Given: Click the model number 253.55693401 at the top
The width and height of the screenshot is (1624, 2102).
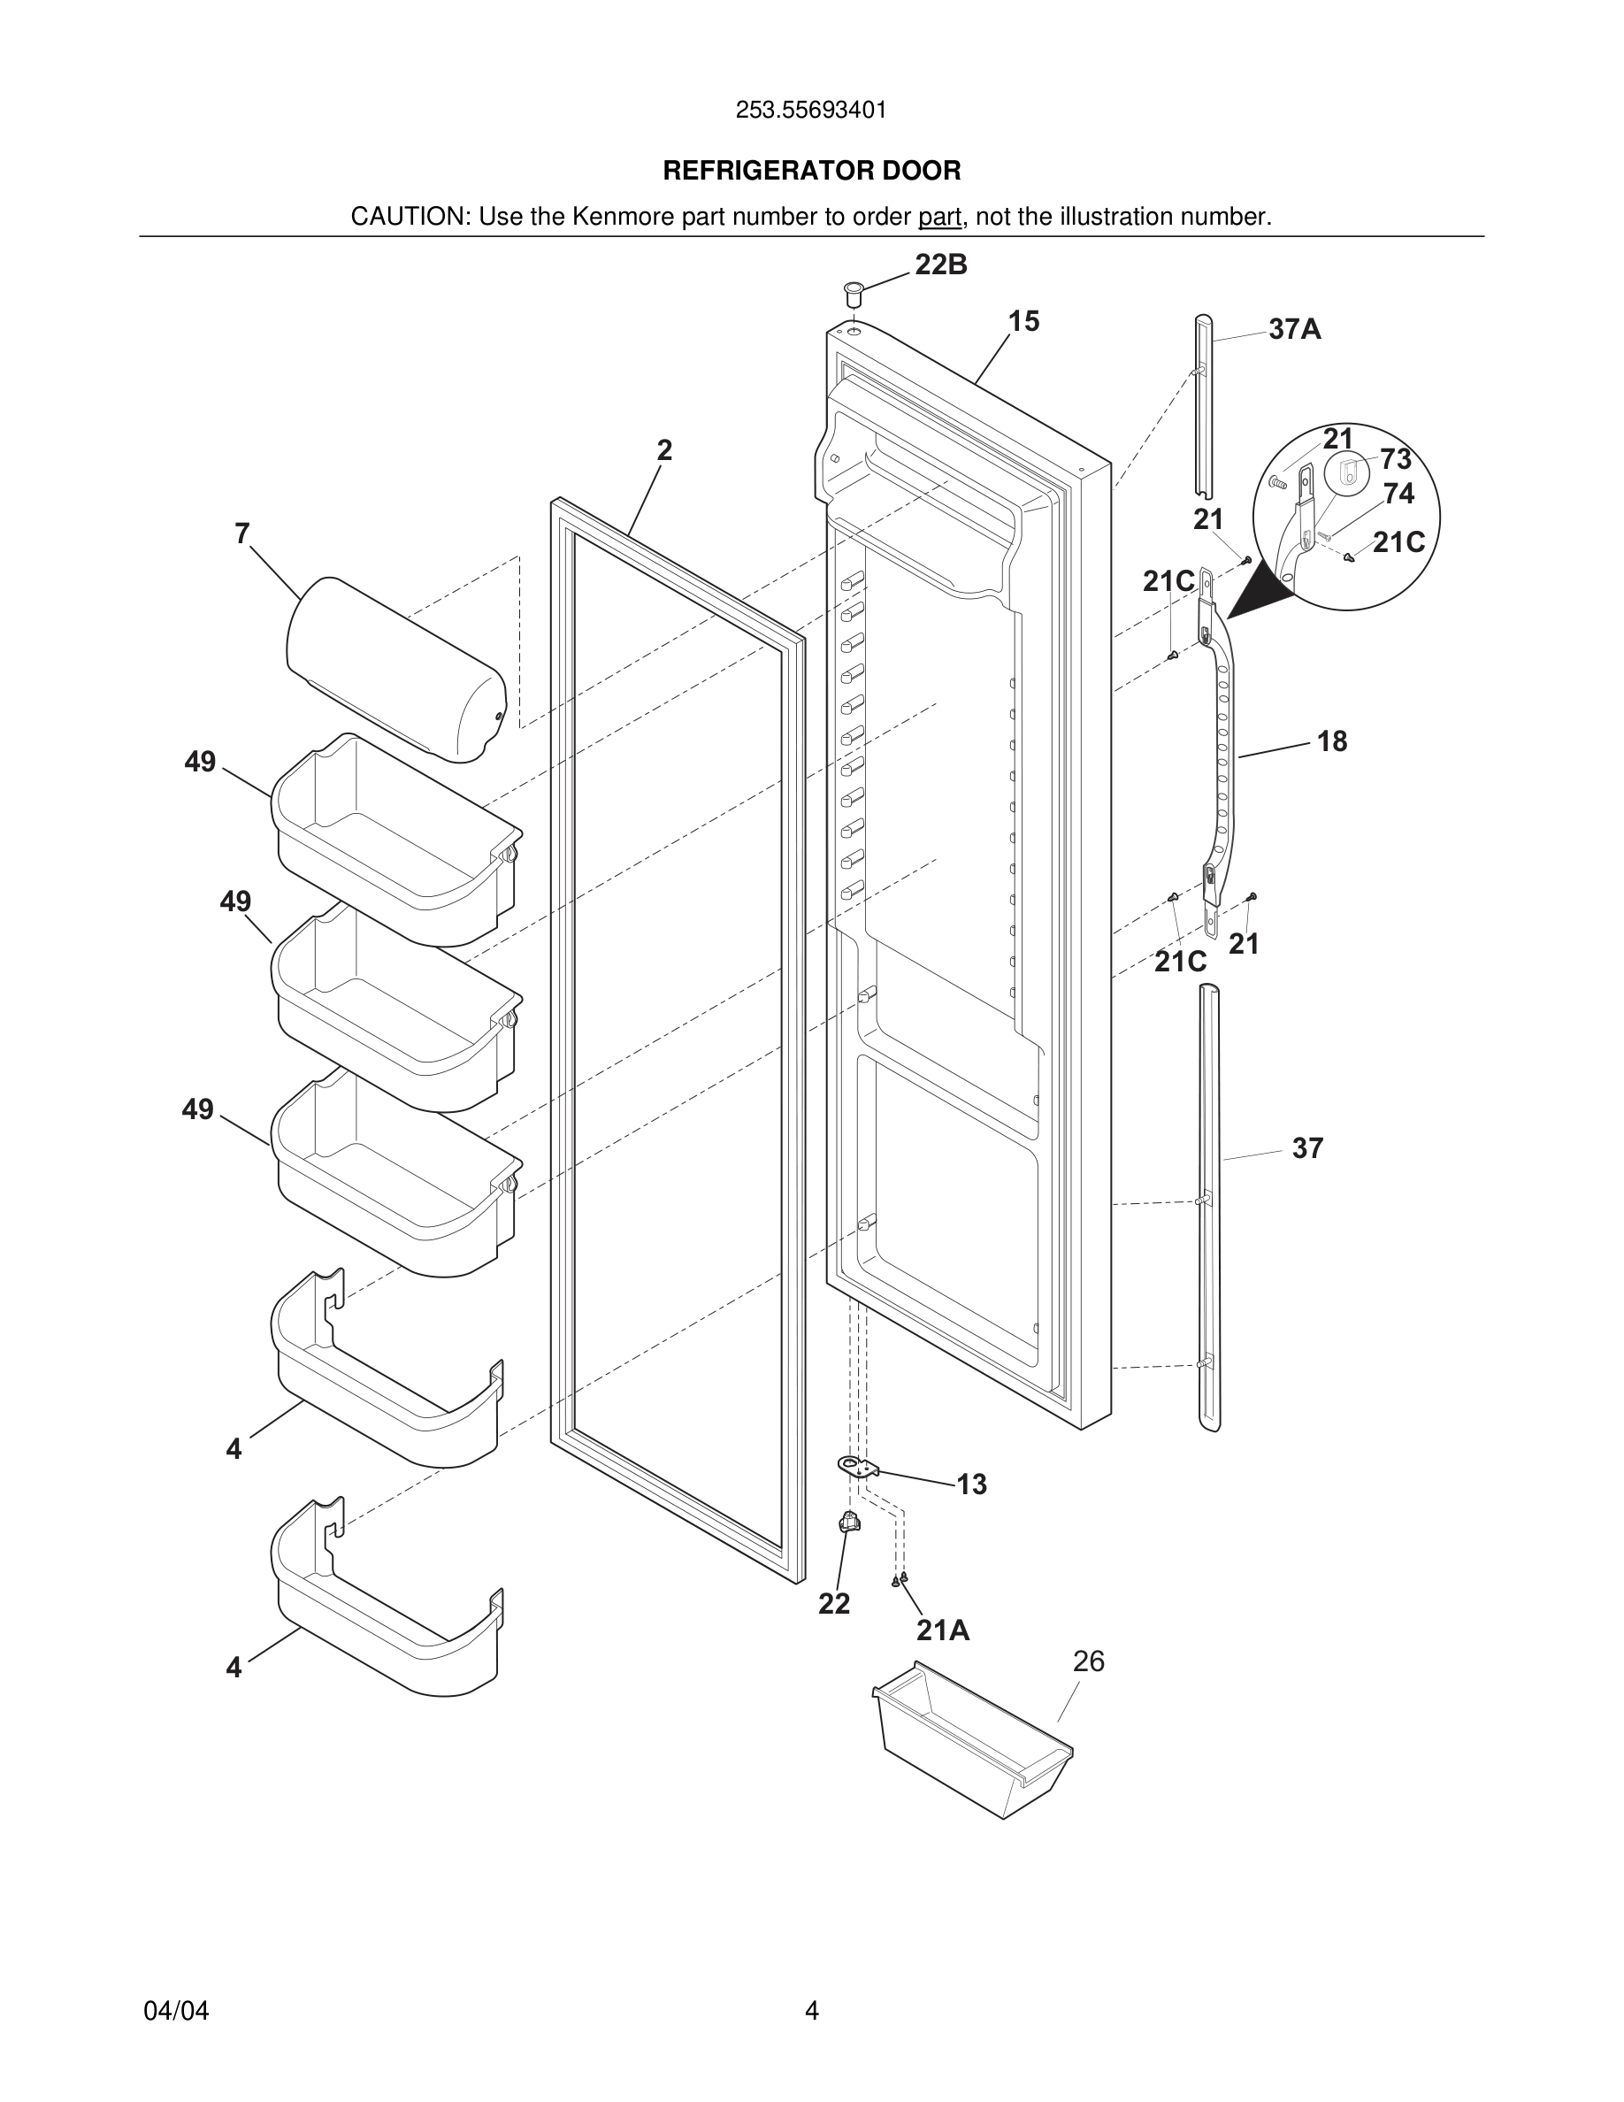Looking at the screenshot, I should coord(811,110).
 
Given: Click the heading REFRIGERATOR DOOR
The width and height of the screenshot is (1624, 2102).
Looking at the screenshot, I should coord(811,171).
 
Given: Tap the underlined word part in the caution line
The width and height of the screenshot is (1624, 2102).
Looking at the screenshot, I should coord(939,217).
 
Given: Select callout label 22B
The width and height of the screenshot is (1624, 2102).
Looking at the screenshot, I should coord(940,265).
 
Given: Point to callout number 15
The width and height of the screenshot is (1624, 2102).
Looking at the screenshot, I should coord(1023,321).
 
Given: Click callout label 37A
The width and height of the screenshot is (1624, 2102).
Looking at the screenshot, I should coord(1294,329).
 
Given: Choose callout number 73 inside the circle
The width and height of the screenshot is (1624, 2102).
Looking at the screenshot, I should coord(1395,459).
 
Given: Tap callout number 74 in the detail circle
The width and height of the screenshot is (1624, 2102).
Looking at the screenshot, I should coord(1398,494).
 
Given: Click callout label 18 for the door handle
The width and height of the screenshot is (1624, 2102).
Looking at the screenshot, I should coord(1331,741).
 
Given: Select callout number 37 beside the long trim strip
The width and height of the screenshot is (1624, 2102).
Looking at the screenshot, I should coord(1306,1148).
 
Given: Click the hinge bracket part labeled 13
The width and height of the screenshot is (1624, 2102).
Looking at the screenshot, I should coord(859,1467).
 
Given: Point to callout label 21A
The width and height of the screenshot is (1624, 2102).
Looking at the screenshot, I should coord(942,1630).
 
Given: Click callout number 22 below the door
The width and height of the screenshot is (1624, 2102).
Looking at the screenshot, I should coord(834,1603).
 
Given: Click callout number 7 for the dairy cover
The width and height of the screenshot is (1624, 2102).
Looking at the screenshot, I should coord(242,533).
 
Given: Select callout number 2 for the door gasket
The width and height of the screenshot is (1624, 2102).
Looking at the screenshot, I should coord(663,449).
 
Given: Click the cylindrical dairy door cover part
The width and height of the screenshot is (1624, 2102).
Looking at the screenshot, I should coord(396,669).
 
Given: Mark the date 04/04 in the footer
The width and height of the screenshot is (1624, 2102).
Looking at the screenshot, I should coord(176,2011).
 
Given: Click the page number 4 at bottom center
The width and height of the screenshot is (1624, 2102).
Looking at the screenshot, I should coord(811,2011).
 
